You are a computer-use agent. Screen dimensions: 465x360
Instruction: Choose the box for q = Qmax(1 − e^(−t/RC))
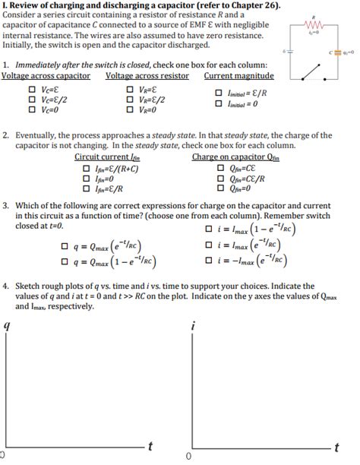pos(62,263)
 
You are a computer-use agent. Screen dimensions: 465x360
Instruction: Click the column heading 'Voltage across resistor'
pos(147,76)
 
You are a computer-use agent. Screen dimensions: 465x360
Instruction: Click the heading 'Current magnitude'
pos(239,76)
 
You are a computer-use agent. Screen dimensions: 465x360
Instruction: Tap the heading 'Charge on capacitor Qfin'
pos(235,157)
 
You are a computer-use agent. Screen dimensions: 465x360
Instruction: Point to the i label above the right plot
pos(193,325)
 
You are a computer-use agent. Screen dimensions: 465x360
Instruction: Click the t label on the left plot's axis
pos(153,445)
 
